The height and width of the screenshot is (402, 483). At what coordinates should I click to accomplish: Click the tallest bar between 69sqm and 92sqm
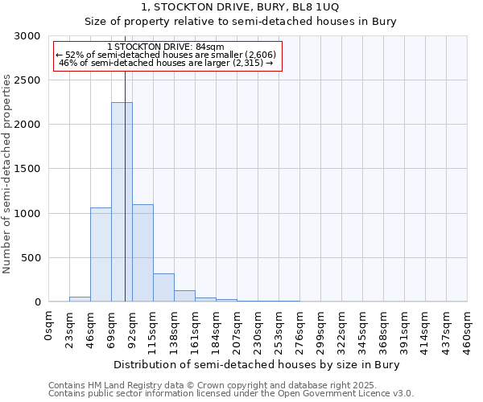tap(122, 202)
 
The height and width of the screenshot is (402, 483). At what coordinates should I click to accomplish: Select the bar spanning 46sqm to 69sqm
tap(101, 254)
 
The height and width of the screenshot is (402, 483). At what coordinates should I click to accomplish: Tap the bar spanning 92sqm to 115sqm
tap(142, 252)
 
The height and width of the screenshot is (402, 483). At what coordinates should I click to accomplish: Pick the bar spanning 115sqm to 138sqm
tap(163, 287)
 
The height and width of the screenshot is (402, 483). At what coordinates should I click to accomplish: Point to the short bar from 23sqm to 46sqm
tap(80, 299)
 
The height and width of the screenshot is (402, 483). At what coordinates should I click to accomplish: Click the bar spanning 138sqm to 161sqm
tap(184, 296)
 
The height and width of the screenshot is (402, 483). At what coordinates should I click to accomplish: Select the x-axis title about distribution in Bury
tap(257, 364)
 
